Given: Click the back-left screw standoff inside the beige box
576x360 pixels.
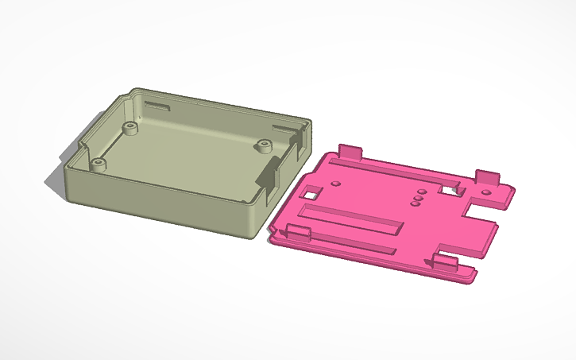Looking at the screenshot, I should coord(129,126).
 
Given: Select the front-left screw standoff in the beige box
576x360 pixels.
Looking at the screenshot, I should coord(98,164).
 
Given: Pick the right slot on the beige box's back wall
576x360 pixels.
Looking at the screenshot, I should coord(283,128).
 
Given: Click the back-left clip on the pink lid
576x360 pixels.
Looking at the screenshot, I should coord(350,151).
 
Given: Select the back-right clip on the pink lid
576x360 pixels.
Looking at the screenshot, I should coord(488,177).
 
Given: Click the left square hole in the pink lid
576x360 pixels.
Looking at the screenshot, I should coord(313,192).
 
